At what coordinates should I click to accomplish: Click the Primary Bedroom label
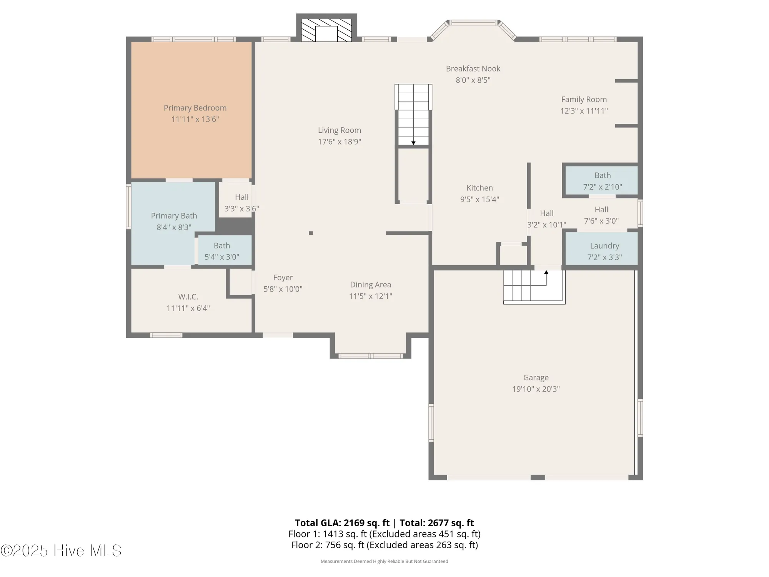click(195, 108)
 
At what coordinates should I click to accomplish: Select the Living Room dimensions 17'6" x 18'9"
click(339, 142)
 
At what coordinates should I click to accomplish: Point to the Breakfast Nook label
click(473, 69)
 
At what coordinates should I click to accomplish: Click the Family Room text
click(584, 100)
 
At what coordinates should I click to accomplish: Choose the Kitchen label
click(479, 188)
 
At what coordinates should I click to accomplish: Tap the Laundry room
click(604, 246)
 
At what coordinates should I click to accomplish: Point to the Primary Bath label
click(174, 216)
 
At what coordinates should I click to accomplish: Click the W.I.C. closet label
click(188, 297)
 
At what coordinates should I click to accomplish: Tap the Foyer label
click(283, 278)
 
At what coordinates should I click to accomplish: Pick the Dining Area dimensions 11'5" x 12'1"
click(370, 296)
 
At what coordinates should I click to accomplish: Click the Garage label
click(536, 378)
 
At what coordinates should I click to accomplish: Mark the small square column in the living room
click(311, 233)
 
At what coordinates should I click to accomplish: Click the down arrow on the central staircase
click(413, 143)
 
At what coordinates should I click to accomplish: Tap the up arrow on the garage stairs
click(546, 272)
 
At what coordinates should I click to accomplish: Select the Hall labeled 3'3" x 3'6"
click(241, 197)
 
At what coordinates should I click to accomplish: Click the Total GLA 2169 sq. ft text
click(342, 523)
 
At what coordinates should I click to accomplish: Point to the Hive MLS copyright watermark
click(62, 550)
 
